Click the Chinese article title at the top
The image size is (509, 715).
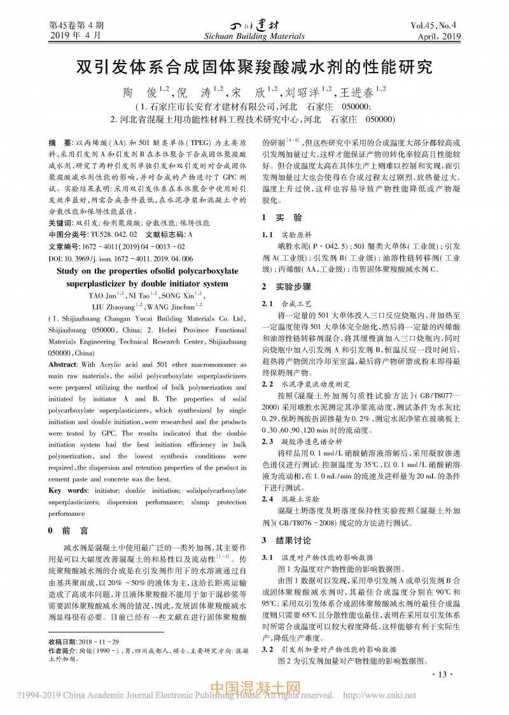tap(254, 66)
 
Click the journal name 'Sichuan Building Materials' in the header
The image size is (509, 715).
tap(254, 38)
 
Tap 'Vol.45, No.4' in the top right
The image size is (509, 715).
tap(436, 27)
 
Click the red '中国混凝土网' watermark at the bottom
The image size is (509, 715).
tap(254, 688)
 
